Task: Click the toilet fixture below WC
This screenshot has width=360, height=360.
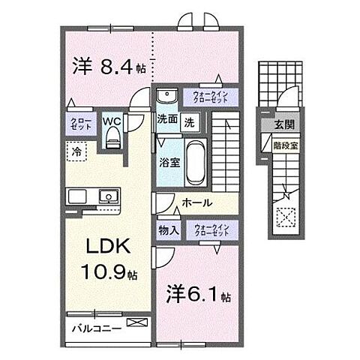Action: click(x=112, y=137)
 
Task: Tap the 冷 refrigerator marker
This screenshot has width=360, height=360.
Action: click(x=76, y=151)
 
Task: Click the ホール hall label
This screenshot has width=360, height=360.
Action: click(x=196, y=203)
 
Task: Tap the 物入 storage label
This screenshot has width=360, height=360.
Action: click(x=167, y=231)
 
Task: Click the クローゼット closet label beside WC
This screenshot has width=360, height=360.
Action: click(x=82, y=125)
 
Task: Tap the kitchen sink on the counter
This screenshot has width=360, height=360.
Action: click(x=107, y=197)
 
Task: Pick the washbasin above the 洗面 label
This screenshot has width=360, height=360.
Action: click(x=167, y=96)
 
